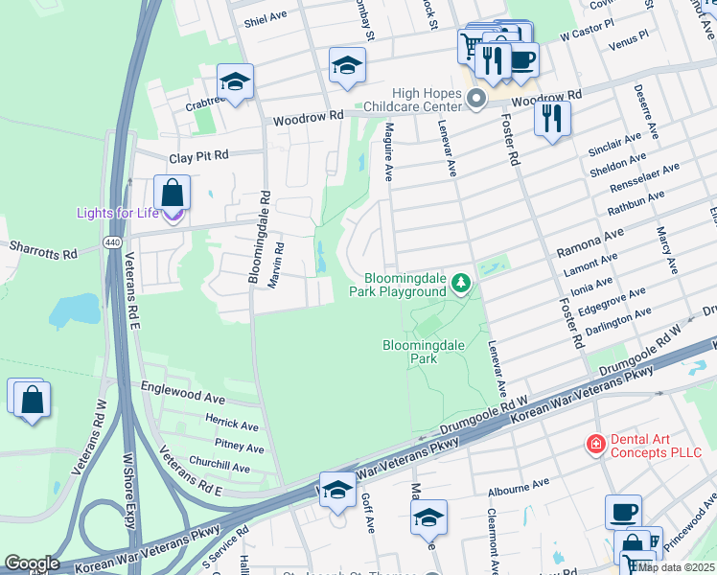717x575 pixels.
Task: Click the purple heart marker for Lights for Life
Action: pos(172,213)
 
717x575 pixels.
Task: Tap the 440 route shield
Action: pos(113,243)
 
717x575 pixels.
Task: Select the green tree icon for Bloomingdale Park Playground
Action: pos(462,283)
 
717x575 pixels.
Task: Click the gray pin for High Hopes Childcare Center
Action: pos(475,99)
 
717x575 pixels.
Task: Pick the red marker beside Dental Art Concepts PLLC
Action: pos(596,444)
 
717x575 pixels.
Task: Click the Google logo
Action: pos(32,563)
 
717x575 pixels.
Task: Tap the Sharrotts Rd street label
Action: pos(43,251)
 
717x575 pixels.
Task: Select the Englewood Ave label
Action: pos(182,397)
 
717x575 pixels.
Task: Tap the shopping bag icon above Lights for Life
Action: pos(172,193)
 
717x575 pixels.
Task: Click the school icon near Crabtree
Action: pos(235,81)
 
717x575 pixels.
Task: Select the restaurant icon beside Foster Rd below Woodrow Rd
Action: pos(552,118)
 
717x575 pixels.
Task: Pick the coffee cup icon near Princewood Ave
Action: pos(623,512)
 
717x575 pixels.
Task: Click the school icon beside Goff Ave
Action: pos(337,490)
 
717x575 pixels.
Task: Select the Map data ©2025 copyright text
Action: pos(675,567)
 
